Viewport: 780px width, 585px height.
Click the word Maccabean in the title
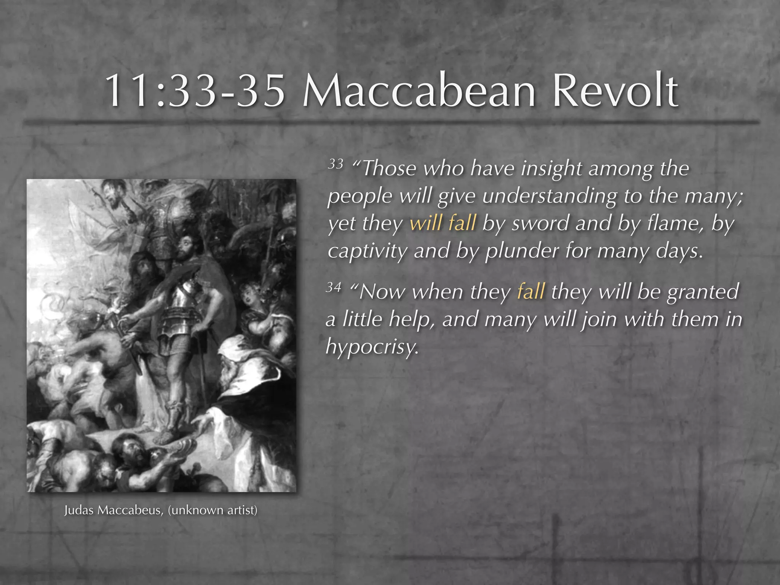point(419,91)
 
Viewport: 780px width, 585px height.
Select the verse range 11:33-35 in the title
point(195,91)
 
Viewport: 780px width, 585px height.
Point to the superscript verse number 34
point(334,287)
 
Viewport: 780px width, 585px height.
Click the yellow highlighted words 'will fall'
point(443,223)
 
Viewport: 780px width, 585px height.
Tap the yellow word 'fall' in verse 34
point(531,292)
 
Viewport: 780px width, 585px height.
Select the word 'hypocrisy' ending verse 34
point(372,347)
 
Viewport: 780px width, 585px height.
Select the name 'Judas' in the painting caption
point(78,510)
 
